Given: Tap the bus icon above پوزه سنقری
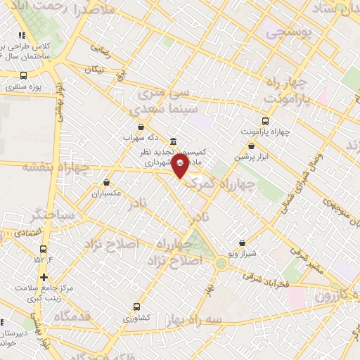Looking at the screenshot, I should pyautogui.click(x=23, y=76).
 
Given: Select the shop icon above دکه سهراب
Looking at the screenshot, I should pyautogui.click(x=141, y=127).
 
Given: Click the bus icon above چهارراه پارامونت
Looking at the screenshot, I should pyautogui.click(x=265, y=121).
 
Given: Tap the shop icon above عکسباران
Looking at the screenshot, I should pyautogui.click(x=106, y=182).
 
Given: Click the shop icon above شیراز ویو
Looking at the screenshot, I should pyautogui.click(x=243, y=243).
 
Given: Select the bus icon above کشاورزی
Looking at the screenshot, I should pyautogui.click(x=136, y=307).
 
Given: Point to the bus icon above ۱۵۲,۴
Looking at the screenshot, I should pyautogui.click(x=44, y=249).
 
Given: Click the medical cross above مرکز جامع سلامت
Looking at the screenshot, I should pyautogui.click(x=44, y=277).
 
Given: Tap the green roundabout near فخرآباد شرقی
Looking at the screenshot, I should pyautogui.click(x=222, y=264).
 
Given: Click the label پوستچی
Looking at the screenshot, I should pyautogui.click(x=285, y=32).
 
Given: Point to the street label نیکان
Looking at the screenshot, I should pyautogui.click(x=93, y=70).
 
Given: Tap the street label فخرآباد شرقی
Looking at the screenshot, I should pyautogui.click(x=266, y=278).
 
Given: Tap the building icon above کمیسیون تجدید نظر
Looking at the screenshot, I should pyautogui.click(x=174, y=141).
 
